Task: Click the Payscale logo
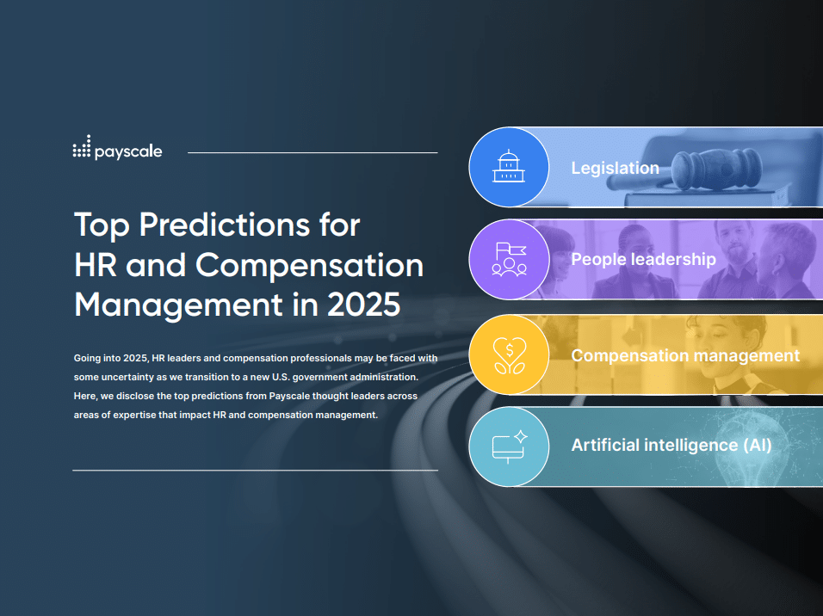pyautogui.click(x=118, y=147)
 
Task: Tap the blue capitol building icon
pyautogui.click(x=509, y=167)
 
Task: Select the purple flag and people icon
pyautogui.click(x=509, y=259)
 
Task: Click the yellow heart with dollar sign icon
pyautogui.click(x=509, y=354)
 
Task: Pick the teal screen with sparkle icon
pyautogui.click(x=509, y=447)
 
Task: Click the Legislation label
pyautogui.click(x=616, y=168)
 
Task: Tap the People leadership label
pyautogui.click(x=643, y=259)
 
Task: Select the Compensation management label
pyautogui.click(x=685, y=355)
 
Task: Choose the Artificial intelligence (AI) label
pyautogui.click(x=671, y=445)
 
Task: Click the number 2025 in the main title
pyautogui.click(x=364, y=305)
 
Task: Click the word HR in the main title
pyautogui.click(x=96, y=265)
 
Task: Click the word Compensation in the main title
pyautogui.click(x=310, y=266)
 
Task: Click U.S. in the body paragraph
pyautogui.click(x=281, y=378)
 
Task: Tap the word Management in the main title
pyautogui.click(x=178, y=305)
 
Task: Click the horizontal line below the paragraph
pyautogui.click(x=255, y=470)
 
